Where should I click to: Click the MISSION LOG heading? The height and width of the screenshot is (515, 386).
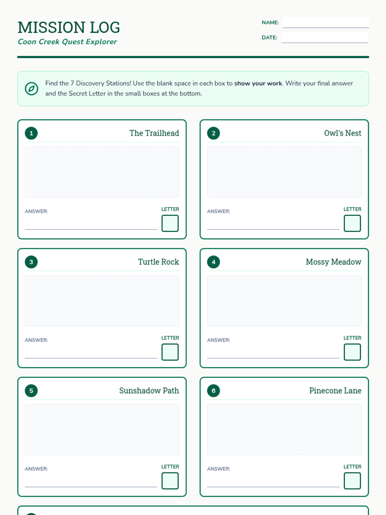69,27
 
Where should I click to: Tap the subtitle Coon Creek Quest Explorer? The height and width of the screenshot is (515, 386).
67,42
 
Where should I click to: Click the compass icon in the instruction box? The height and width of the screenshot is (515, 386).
32,89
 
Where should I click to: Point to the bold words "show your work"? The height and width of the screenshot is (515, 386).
258,83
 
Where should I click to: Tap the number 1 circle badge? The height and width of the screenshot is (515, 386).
31,133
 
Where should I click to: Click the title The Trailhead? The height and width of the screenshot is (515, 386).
154,133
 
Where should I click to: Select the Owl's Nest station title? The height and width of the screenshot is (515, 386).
343,133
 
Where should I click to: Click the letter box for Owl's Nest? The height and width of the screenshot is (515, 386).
352,223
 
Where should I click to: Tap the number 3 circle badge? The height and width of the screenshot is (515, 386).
31,262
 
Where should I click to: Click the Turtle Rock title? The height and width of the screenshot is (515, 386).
159,262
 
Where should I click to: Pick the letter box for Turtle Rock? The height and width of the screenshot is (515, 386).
170,352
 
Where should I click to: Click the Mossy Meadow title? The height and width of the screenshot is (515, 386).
334,262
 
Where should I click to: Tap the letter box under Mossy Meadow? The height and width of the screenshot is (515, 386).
352,352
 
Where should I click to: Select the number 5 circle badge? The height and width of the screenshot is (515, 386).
31,391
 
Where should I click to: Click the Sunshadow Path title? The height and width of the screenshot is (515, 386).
149,391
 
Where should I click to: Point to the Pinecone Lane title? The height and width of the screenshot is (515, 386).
335,391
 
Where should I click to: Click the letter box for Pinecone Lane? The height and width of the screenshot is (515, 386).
352,481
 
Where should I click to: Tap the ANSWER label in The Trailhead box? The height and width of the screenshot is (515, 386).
36,211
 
